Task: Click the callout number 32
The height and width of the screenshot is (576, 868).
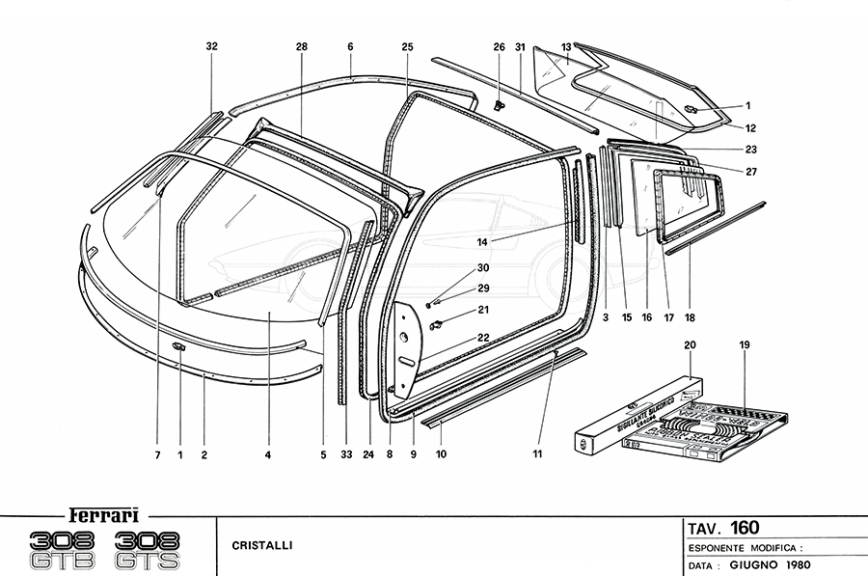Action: tap(212, 46)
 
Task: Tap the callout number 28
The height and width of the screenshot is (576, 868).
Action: tap(301, 46)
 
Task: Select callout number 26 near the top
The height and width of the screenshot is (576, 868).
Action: tap(499, 46)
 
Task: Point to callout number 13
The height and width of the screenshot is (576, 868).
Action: tap(566, 45)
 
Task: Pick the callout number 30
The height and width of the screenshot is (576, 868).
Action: tap(483, 268)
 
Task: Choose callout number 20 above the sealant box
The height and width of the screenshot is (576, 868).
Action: tap(690, 345)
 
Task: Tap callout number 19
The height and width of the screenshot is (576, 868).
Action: tap(744, 345)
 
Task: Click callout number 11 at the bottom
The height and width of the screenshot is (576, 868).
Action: tap(537, 453)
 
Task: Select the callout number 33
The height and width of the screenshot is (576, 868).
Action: tap(346, 453)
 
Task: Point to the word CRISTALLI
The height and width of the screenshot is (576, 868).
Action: tap(262, 545)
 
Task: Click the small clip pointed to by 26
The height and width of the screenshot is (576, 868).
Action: tap(499, 103)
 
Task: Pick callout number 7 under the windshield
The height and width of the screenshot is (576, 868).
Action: tap(156, 453)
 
